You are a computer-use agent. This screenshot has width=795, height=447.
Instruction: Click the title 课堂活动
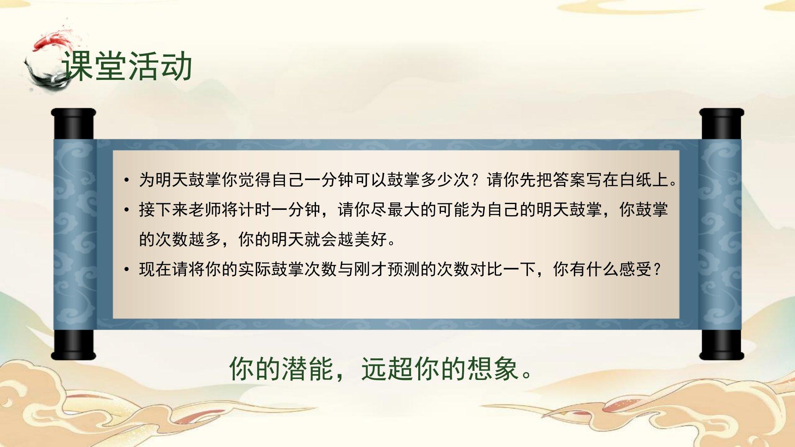pyautogui.click(x=127, y=66)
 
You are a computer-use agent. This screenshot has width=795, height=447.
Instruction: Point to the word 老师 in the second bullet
pyautogui.click(x=205, y=210)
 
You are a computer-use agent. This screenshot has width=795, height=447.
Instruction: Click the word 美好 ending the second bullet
pyautogui.click(x=371, y=239)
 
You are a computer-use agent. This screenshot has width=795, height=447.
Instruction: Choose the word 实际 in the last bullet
pyautogui.click(x=255, y=269)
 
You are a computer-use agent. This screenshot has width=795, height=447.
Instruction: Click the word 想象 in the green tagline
pyautogui.click(x=493, y=369)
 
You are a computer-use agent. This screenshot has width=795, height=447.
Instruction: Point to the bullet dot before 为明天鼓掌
pyautogui.click(x=127, y=180)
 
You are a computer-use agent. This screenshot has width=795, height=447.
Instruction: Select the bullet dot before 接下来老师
pyautogui.click(x=127, y=210)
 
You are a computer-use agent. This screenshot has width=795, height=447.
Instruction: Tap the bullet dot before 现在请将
pyautogui.click(x=127, y=270)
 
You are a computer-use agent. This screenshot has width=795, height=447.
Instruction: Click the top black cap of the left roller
pyautogui.click(x=74, y=124)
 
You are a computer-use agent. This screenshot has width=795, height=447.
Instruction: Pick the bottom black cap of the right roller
pyautogui.click(x=722, y=345)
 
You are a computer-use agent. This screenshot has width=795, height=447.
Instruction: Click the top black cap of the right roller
pyautogui.click(x=722, y=124)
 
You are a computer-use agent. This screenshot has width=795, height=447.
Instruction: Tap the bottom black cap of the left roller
pyautogui.click(x=74, y=345)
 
